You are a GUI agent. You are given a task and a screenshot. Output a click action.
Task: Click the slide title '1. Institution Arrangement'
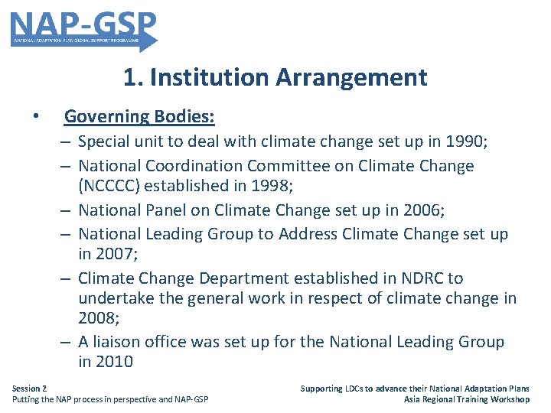click(275, 77)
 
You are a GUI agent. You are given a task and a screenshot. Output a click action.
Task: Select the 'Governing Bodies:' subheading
click(139, 117)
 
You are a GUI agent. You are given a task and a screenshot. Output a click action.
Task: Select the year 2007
click(116, 254)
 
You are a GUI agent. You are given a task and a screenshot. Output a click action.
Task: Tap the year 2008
click(96, 318)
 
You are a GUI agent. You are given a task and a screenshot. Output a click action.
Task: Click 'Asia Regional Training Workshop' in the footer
click(467, 399)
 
